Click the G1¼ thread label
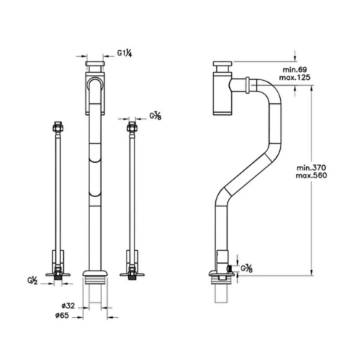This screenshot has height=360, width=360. [124, 53]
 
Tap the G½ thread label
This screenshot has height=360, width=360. [32, 281]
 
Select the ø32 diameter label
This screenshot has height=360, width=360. [68, 306]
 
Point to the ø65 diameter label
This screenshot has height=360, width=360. [62, 316]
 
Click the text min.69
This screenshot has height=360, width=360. [295, 70]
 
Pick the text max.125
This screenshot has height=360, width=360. [295, 78]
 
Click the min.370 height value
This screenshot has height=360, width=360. [311, 167]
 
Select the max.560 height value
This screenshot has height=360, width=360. [311, 175]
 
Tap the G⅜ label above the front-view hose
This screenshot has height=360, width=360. [155, 116]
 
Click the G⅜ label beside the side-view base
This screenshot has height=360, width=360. [247, 268]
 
